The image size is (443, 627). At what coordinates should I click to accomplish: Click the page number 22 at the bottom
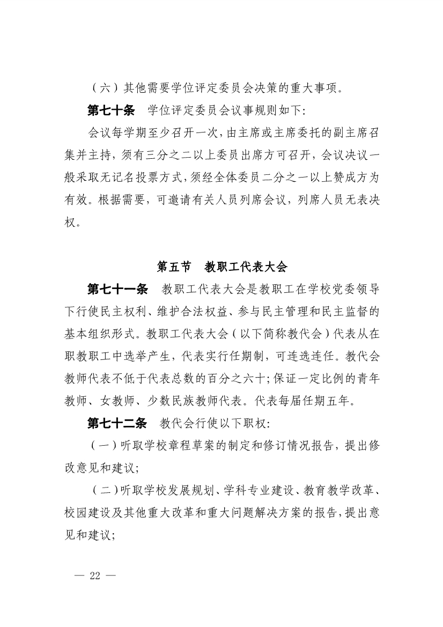96,576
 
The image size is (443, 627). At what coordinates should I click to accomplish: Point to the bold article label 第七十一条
117,290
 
